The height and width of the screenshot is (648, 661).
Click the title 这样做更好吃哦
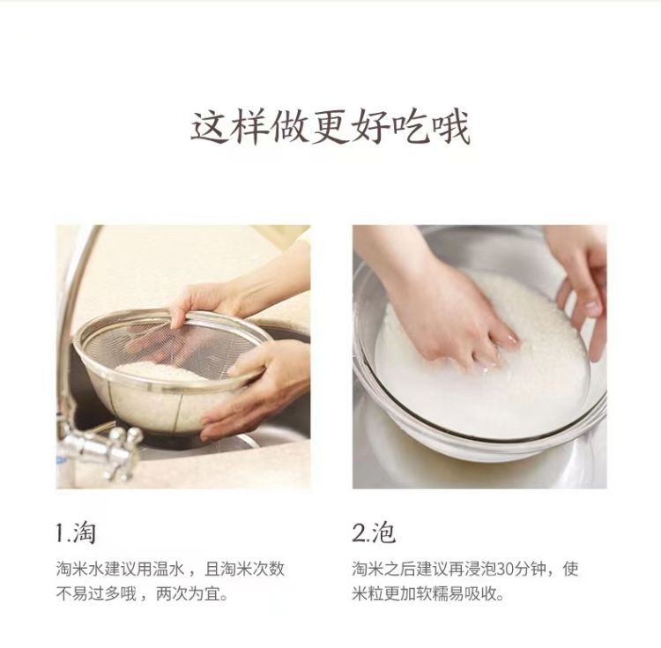(330, 127)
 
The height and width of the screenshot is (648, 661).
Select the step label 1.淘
(76, 533)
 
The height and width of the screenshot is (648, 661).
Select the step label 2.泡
(374, 533)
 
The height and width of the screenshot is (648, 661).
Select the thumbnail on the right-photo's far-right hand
(593, 309)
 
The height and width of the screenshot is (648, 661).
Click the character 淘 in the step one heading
(85, 533)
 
